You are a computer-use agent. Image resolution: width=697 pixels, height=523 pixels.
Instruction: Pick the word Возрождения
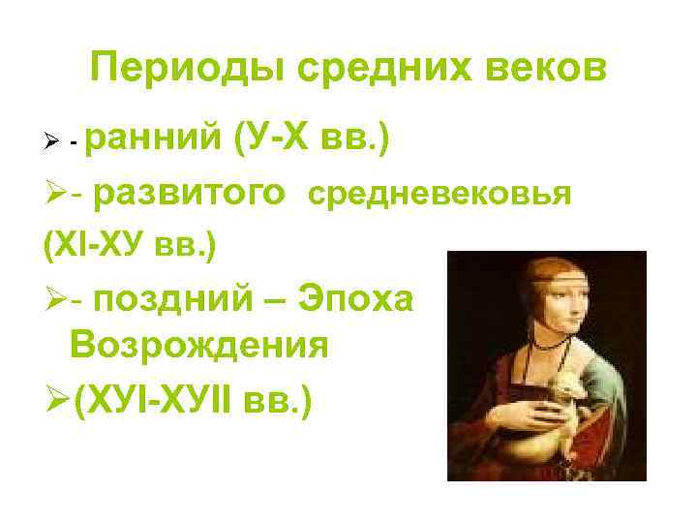click(x=199, y=345)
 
